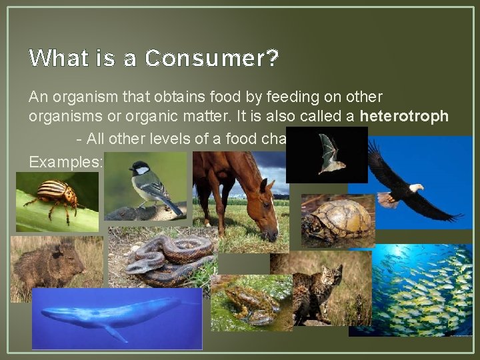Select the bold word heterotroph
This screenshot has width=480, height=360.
click(404, 116)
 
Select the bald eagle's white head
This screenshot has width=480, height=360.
click(415, 189)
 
